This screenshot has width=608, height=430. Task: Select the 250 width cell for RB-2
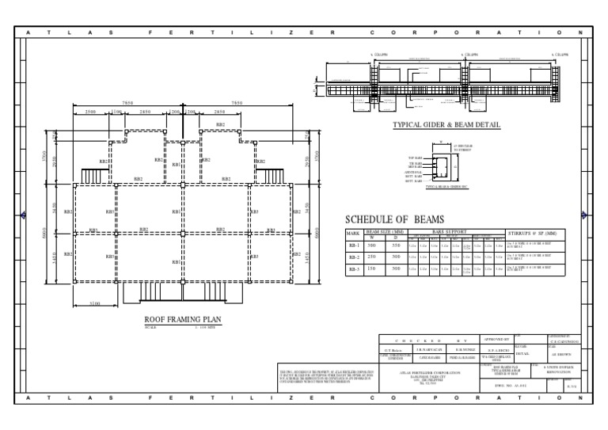(372, 257)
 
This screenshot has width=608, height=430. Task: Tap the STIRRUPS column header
(534, 232)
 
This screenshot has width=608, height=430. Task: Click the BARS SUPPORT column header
(454, 230)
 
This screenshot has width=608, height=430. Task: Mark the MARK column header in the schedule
(354, 234)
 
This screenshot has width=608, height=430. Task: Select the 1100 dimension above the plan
(117, 112)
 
